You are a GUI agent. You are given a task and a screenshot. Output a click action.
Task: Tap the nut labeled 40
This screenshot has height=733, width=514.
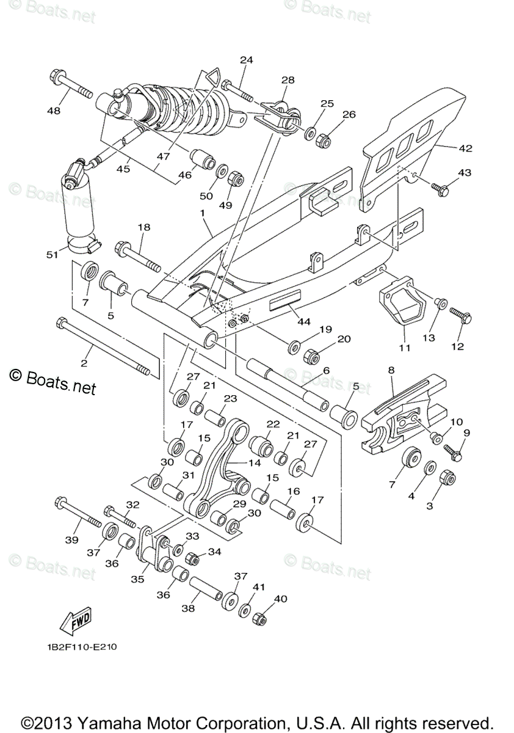coord(259,619)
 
